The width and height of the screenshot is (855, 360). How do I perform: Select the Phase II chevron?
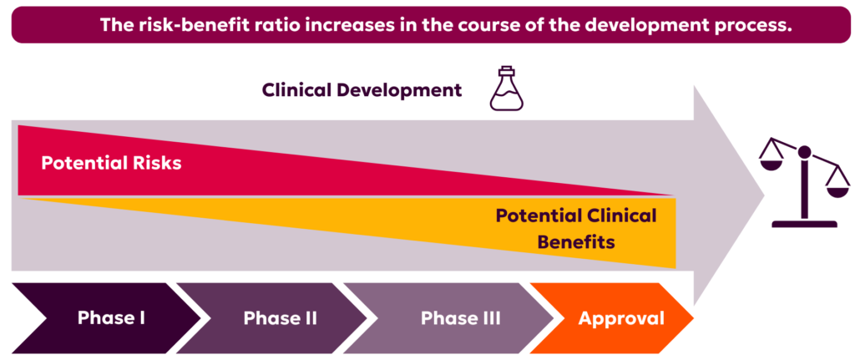pos(273,318)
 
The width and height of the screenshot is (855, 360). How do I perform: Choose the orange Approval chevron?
pos(615,318)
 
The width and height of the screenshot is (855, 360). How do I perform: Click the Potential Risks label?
pos(111,163)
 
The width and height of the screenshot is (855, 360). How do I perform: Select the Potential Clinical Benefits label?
pos(576,228)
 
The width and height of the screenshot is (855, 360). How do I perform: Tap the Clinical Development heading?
pos(362,90)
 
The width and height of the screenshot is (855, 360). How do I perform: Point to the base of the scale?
pos(804,224)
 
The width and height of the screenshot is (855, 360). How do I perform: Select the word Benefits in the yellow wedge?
pos(576,241)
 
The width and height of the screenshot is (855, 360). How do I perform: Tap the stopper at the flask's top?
pos(506,70)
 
